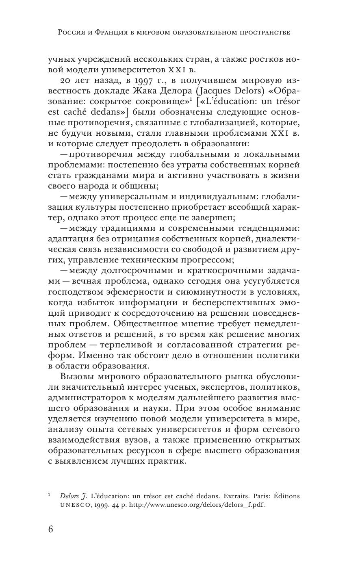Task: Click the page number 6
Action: click(x=51, y=529)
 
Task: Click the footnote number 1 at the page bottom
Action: click(x=49, y=495)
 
